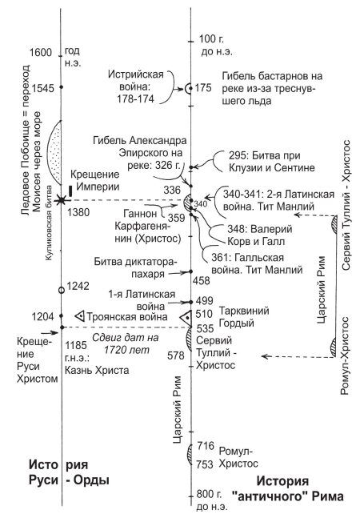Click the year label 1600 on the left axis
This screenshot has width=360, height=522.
(x=41, y=52)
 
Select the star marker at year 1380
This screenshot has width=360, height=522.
(x=62, y=200)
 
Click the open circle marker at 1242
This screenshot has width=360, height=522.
(x=62, y=290)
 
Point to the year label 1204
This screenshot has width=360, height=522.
(x=43, y=316)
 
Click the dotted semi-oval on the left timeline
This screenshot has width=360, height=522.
(x=55, y=152)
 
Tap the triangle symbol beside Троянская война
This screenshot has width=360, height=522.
(x=80, y=316)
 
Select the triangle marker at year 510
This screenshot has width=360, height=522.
(x=186, y=318)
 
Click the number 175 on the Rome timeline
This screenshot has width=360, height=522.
(x=203, y=88)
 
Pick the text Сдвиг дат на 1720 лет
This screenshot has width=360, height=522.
(x=126, y=343)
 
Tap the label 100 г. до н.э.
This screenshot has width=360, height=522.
(x=214, y=46)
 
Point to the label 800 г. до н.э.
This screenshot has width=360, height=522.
(x=212, y=500)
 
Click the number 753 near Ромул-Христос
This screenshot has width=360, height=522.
(x=205, y=464)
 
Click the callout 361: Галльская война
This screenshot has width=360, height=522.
(x=257, y=263)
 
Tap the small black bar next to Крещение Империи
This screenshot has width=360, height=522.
(x=70, y=191)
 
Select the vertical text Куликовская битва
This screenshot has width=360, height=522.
(x=48, y=223)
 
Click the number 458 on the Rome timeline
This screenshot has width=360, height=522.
(x=202, y=281)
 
